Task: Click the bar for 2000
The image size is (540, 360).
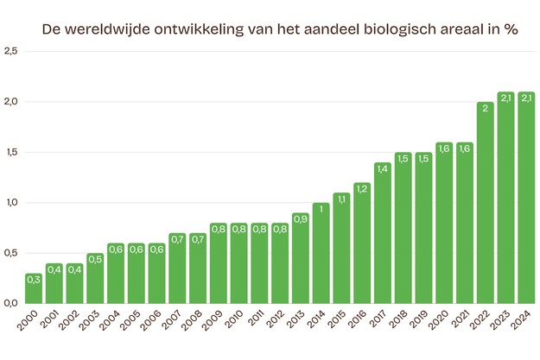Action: pos(35,288)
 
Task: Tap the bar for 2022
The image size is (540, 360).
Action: pos(485,203)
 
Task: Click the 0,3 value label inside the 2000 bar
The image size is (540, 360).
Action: pos(35,279)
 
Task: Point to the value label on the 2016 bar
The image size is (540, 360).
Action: pos(361,188)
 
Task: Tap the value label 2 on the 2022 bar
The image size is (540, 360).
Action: pos(485,108)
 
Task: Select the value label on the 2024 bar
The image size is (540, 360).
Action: pos(525,98)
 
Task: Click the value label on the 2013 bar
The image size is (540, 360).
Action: pos(300,218)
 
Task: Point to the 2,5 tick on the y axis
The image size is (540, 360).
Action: pos(10,52)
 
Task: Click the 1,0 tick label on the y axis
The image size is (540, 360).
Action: pos(10,203)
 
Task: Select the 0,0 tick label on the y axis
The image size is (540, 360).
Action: pos(10,303)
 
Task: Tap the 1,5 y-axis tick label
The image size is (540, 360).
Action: pos(10,153)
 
